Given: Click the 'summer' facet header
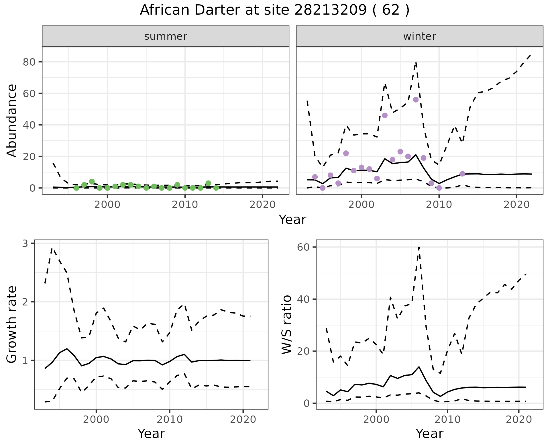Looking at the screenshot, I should point(166,36).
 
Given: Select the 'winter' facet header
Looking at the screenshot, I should point(419,36).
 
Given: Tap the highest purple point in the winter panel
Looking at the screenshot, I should point(416,100).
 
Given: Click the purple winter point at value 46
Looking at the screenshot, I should point(385,115).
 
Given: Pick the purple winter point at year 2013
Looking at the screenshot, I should point(462,174).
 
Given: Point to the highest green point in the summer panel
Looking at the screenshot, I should point(92,182).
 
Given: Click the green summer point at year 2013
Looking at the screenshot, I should point(208,183).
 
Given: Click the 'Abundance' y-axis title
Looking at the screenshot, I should point(12,120).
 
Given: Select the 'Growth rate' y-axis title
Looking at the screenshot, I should point(12,325).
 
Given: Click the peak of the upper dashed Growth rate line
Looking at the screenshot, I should point(52,249).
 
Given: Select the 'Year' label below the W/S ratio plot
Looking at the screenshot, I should point(429,434).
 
